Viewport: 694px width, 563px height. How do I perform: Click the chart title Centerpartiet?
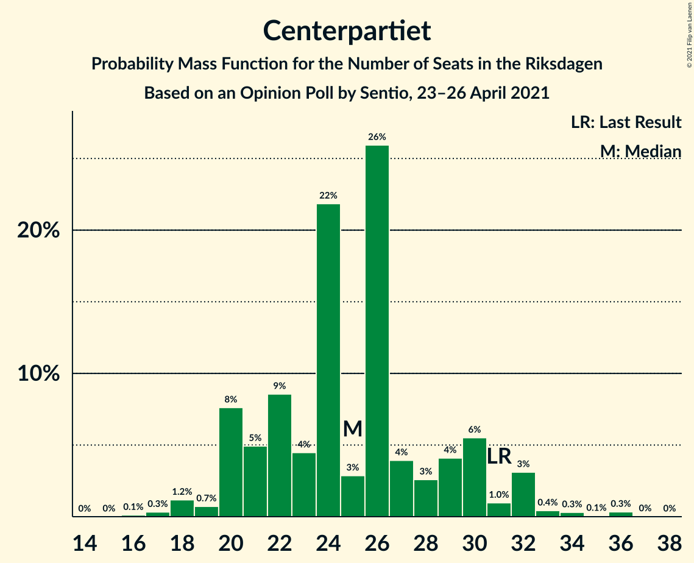(x=347, y=30)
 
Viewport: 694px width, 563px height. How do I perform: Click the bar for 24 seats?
(x=328, y=360)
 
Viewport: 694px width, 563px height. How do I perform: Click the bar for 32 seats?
(x=523, y=494)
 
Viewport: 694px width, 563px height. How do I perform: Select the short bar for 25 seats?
(x=353, y=496)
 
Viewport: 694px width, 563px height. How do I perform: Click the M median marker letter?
(x=352, y=429)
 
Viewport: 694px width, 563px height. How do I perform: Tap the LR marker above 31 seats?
(x=499, y=456)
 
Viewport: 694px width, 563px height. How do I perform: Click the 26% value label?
(x=377, y=137)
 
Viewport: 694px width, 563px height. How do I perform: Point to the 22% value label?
(x=328, y=196)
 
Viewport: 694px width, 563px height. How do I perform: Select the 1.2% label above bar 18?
(x=182, y=492)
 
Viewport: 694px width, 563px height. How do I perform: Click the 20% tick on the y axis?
(x=38, y=231)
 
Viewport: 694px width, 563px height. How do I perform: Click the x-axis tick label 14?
(x=85, y=542)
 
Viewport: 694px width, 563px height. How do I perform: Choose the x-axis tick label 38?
(x=669, y=542)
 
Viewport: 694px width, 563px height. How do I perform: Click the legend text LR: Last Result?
(x=626, y=122)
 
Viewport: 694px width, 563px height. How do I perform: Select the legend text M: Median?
(x=640, y=150)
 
